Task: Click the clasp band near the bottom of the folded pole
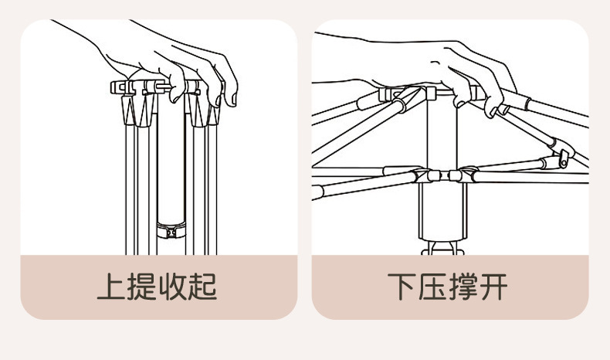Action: (x=171, y=229)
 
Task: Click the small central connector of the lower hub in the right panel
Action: (x=437, y=176)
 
